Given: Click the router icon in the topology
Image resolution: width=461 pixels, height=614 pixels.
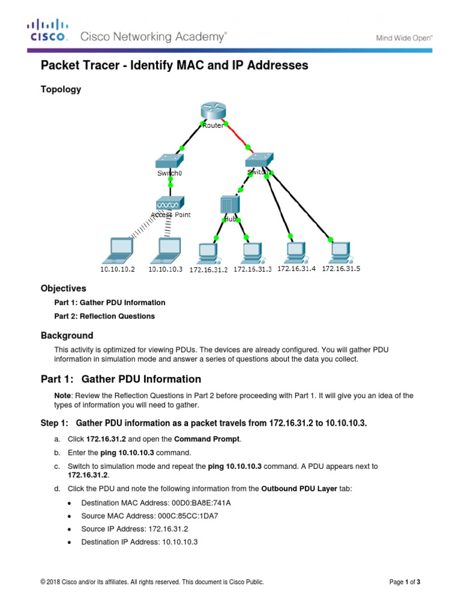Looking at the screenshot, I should pyautogui.click(x=212, y=112).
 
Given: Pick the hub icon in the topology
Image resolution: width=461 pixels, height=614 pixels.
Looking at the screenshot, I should pyautogui.click(x=230, y=205).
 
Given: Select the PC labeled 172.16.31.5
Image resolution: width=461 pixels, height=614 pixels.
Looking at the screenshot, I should pyautogui.click(x=339, y=251).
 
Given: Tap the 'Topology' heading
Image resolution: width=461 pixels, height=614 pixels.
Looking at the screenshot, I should pyautogui.click(x=61, y=89).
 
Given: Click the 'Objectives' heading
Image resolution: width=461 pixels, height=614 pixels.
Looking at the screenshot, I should pyautogui.click(x=63, y=288).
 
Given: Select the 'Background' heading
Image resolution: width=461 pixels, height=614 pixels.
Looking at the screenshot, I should pyautogui.click(x=67, y=335).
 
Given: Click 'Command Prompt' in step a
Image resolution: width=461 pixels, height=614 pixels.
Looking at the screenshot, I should pyautogui.click(x=215, y=439).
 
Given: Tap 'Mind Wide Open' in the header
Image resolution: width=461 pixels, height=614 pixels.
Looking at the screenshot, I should pyautogui.click(x=404, y=38).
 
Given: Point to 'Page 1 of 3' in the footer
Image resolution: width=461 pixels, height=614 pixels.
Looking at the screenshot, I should pyautogui.click(x=409, y=582).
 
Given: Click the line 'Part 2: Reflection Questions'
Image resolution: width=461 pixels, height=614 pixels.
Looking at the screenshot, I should pyautogui.click(x=104, y=316).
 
